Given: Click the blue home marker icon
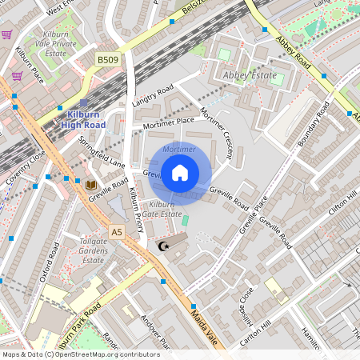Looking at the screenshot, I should (180, 172).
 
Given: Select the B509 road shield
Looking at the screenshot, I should (107, 59).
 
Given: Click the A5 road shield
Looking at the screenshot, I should (118, 232).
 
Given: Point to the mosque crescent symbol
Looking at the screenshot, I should (165, 246).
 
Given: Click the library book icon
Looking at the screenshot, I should (91, 185).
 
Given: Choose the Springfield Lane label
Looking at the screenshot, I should (102, 151).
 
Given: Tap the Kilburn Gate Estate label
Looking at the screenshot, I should (161, 209).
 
